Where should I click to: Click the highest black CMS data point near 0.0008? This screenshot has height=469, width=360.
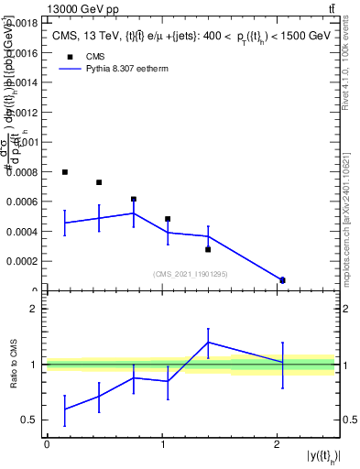(65, 172)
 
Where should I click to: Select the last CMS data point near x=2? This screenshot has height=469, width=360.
(282, 280)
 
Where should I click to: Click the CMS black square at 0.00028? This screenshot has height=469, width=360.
(208, 249)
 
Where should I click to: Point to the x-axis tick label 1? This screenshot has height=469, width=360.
(162, 443)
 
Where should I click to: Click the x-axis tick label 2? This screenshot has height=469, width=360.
(278, 443)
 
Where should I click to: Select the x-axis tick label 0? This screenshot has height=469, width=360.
(47, 443)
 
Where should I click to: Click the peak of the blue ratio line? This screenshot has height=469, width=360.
(208, 342)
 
